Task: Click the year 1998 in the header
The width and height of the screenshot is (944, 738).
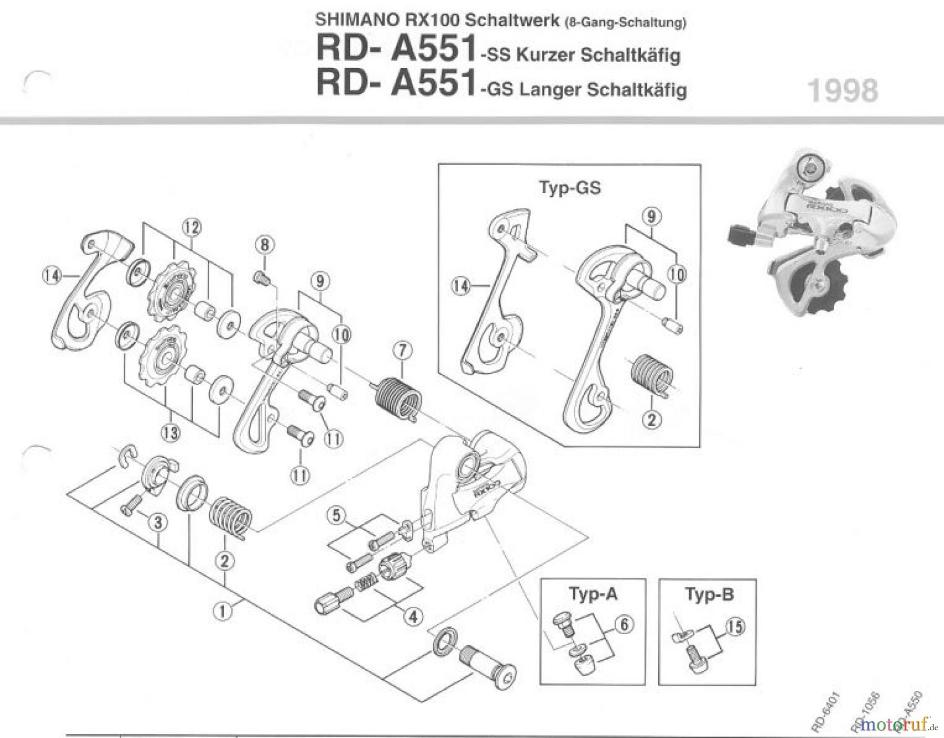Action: click(842, 91)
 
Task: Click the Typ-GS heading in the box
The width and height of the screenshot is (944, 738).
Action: click(570, 187)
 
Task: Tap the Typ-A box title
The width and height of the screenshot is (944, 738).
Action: click(593, 594)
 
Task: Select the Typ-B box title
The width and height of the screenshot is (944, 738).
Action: click(709, 595)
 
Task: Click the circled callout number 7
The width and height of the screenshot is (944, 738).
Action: click(402, 350)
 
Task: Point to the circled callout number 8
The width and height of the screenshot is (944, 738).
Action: click(264, 245)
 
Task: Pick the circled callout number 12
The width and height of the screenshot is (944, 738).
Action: click(191, 227)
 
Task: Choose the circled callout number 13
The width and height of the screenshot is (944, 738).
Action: click(170, 433)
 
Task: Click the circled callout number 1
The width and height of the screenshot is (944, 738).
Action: click(222, 611)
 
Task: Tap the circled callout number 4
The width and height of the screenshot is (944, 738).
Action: click(413, 616)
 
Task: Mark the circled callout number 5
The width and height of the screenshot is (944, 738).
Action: click(336, 515)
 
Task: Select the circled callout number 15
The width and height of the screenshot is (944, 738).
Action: click(735, 626)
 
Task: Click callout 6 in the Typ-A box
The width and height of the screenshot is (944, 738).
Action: click(624, 624)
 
